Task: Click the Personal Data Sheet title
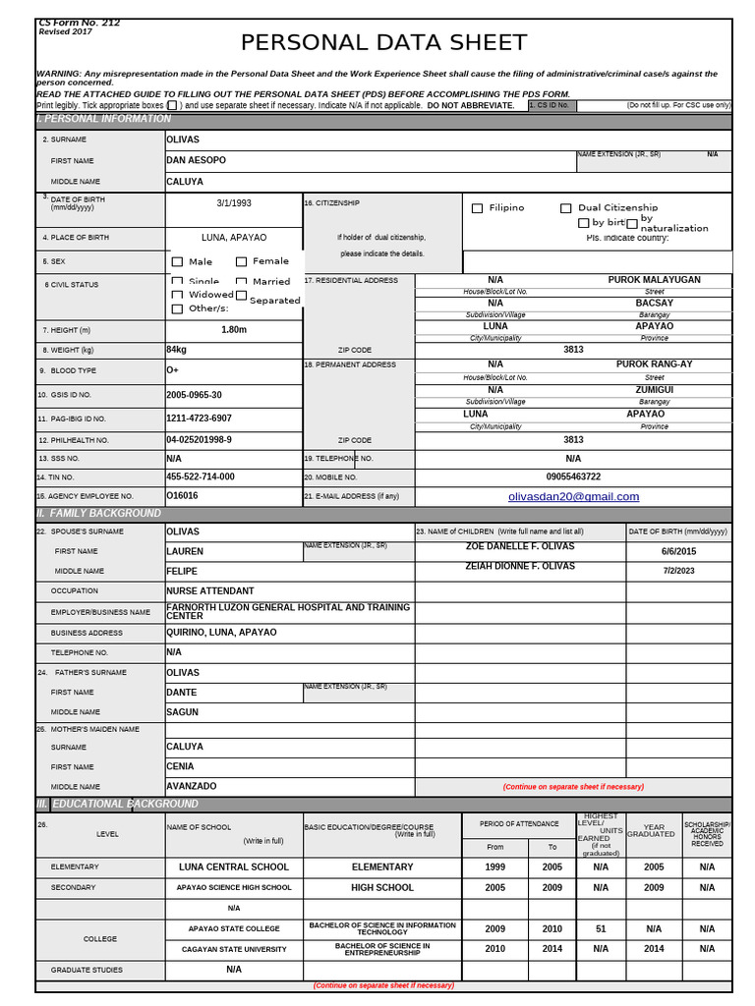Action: [x=384, y=42]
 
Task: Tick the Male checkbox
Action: [x=177, y=262]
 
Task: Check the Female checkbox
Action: [x=241, y=262]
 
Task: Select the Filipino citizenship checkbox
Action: [x=478, y=208]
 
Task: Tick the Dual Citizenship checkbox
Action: [x=566, y=208]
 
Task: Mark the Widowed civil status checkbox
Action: [x=177, y=295]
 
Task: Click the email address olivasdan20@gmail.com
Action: [x=573, y=496]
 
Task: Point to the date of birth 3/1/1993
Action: [x=234, y=203]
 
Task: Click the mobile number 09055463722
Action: [x=573, y=476]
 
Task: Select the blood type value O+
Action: [x=173, y=370]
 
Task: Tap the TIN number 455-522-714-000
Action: [x=201, y=476]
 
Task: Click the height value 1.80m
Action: [x=234, y=330]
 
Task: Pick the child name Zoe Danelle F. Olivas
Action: [x=520, y=545]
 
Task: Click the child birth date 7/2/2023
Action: [x=678, y=571]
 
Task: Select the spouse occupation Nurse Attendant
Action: [x=209, y=591]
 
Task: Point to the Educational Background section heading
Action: [x=117, y=804]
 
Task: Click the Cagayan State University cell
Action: [x=234, y=949]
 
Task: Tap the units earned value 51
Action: [x=601, y=928]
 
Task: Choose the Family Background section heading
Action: [x=98, y=514]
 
